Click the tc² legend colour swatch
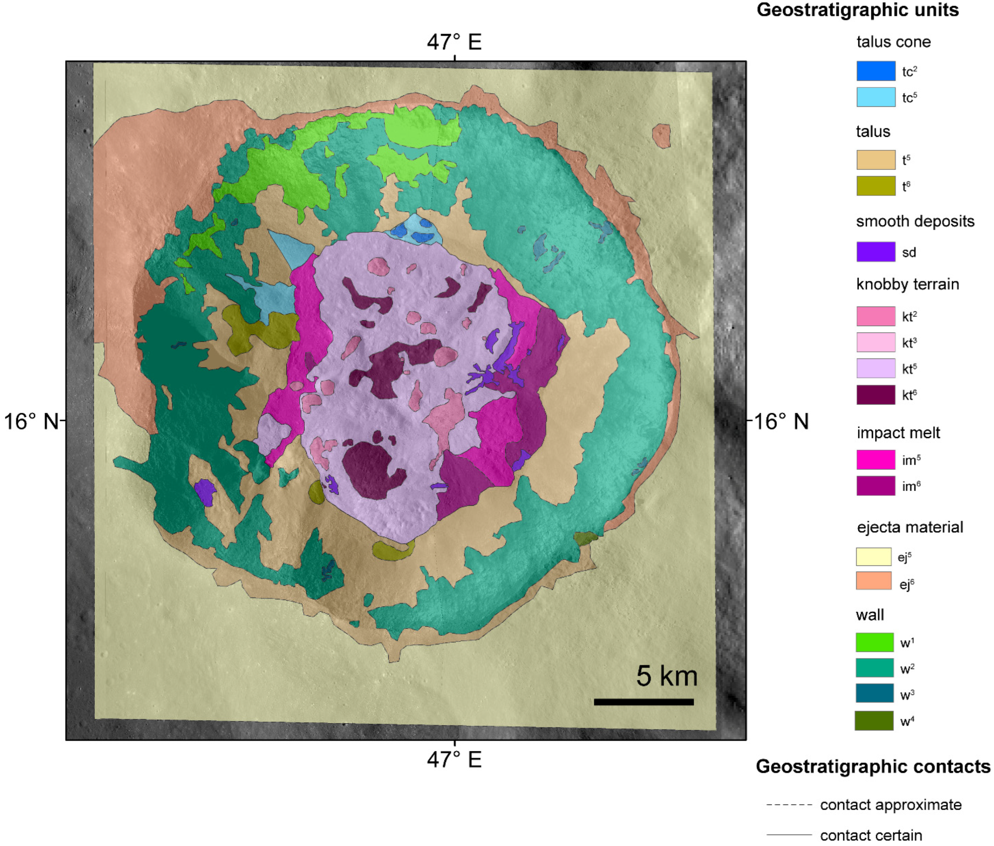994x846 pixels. [876, 71]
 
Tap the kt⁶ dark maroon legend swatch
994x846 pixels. [876, 395]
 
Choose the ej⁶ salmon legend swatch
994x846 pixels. [873, 580]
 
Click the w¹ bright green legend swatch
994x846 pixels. [874, 642]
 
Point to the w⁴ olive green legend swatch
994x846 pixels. [873, 721]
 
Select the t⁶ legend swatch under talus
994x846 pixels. [876, 186]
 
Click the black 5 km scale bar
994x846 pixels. [643, 702]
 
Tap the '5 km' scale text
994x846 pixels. [666, 676]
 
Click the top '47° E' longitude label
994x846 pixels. [454, 42]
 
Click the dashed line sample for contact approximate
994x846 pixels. [789, 805]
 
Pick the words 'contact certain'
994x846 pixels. [871, 836]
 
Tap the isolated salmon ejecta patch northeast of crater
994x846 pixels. [661, 136]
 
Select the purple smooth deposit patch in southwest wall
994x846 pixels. [205, 492]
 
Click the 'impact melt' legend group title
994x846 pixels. [898, 433]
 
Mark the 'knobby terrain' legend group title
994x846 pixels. [907, 284]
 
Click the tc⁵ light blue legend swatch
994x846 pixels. [876, 97]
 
